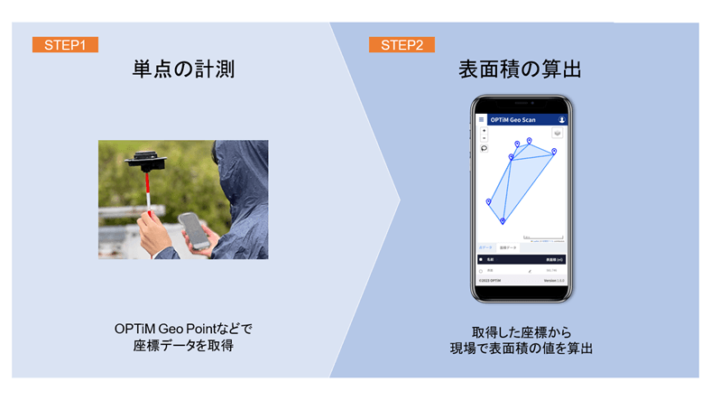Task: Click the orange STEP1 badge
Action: (65, 44)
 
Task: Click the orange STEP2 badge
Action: (402, 44)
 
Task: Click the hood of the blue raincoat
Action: (239, 167)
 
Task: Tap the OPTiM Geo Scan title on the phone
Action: (518, 119)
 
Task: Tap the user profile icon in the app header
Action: (561, 119)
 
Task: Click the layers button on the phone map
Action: (558, 133)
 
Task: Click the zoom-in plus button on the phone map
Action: (484, 131)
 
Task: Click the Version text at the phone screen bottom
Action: (552, 280)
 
